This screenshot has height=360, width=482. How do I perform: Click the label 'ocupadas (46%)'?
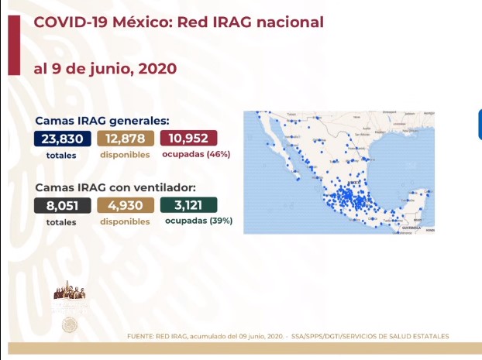click(196, 154)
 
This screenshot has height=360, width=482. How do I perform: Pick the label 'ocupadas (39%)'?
click(198, 221)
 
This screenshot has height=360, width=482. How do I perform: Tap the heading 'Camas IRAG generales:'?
click(102, 121)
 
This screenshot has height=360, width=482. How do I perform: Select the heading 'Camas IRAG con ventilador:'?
click(114, 187)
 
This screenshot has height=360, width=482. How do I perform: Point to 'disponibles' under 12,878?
click(124, 154)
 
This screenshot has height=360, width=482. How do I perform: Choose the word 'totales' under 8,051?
click(60, 221)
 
